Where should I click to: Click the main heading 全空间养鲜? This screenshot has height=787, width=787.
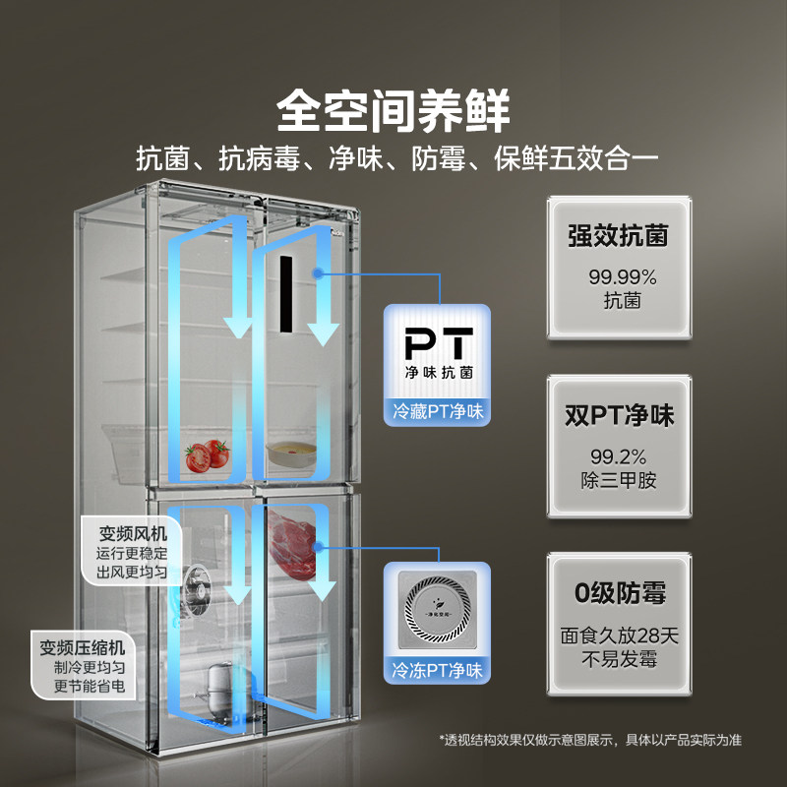tap(393, 110)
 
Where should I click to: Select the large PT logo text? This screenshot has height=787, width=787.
tap(440, 344)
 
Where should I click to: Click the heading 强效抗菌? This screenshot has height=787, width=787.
tap(618, 237)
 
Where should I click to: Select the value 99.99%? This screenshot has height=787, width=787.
tap(618, 276)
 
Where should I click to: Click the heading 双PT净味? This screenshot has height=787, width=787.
tap(618, 416)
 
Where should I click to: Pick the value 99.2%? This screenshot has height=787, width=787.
tap(618, 455)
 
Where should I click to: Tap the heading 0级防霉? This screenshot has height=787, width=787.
tap(618, 593)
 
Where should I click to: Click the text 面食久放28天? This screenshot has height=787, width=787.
tap(618, 635)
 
